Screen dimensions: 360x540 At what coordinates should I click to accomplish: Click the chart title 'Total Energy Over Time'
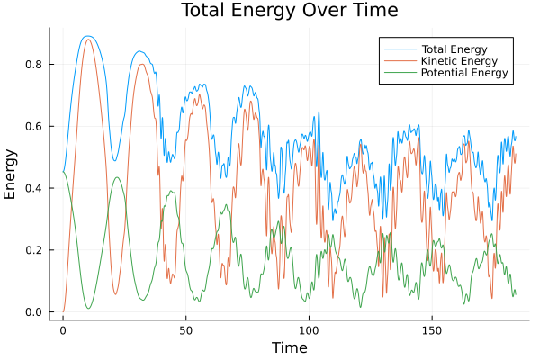[x=276, y=11]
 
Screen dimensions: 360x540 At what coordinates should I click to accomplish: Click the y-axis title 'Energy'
[x=11, y=173]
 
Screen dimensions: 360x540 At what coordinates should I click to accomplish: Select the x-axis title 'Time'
[x=289, y=347]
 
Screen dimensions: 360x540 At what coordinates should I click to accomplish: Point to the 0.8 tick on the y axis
[x=36, y=64]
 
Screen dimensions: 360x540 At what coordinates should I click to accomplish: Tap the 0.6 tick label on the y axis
[x=36, y=126]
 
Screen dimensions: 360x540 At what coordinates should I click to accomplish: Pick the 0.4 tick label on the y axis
[x=36, y=188]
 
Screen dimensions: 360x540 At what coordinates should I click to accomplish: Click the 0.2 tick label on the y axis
[x=36, y=250]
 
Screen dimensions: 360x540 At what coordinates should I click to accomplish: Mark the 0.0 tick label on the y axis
[x=36, y=312]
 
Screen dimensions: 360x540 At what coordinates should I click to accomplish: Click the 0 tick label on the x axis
[x=63, y=328]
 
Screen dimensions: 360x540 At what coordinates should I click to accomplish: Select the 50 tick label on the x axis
[x=185, y=328]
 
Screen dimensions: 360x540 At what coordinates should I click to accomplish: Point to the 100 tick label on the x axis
[x=309, y=328]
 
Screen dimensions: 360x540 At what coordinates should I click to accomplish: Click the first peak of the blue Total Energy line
[x=87, y=36]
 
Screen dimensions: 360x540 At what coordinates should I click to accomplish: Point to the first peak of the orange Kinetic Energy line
[x=87, y=40]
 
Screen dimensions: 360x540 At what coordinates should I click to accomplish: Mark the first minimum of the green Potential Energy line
[x=88, y=309]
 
